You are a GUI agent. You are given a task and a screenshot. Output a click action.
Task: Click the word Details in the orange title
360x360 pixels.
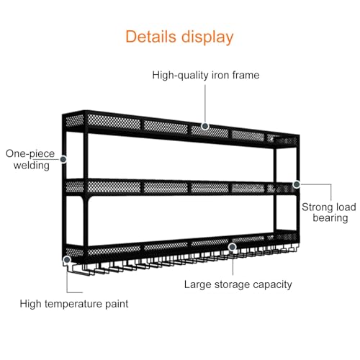click(151, 37)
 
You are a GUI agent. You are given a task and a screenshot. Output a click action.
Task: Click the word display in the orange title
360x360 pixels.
click(207, 37)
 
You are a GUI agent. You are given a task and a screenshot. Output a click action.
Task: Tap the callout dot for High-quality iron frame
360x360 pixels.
click(205, 126)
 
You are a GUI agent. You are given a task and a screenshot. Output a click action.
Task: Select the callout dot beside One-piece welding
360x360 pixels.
click(63, 159)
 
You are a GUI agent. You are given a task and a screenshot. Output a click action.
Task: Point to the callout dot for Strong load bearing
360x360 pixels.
click(297, 184)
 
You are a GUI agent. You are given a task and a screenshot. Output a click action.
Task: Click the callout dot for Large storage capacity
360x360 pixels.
click(232, 247)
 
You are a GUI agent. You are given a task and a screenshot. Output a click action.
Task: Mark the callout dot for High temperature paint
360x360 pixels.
click(67, 260)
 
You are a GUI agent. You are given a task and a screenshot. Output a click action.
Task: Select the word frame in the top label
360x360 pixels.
click(246, 75)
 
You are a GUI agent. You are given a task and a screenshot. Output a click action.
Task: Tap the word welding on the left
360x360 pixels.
click(32, 166)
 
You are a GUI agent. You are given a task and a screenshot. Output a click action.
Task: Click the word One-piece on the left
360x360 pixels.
click(30, 154)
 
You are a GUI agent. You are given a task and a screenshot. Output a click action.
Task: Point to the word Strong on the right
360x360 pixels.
click(317, 207)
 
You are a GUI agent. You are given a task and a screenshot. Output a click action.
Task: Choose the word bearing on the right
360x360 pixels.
click(330, 219)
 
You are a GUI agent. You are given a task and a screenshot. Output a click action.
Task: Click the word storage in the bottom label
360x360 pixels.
click(232, 285)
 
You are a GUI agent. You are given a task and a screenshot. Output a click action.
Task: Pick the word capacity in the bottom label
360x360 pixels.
click(272, 285)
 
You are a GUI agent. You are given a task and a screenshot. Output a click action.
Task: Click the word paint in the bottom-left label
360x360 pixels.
click(117, 305)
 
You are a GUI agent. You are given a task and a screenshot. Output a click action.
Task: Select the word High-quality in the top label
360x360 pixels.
click(181, 76)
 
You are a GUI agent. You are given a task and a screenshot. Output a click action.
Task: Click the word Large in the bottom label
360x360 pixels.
click(198, 285)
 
